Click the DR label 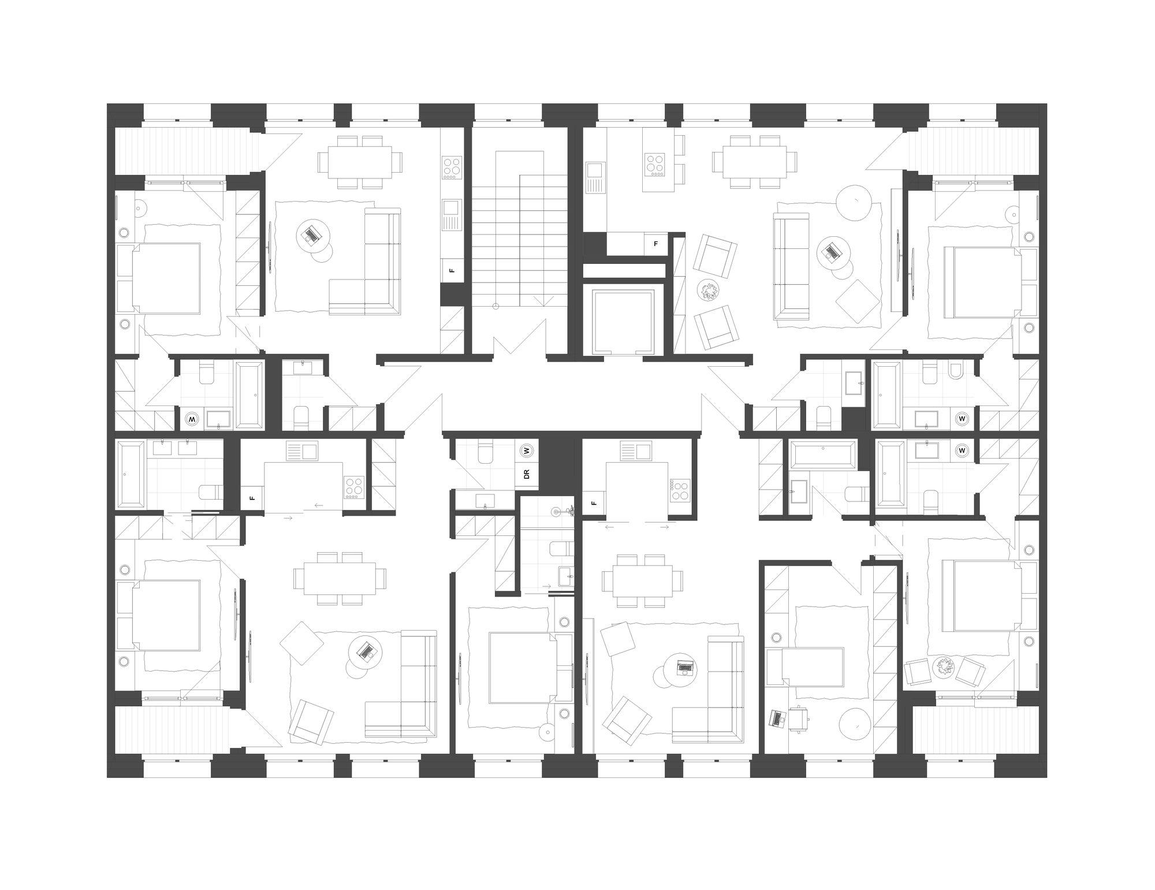pyautogui.click(x=526, y=475)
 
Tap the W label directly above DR pyautogui.click(x=526, y=450)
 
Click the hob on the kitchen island pyautogui.click(x=655, y=165)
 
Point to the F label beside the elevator pyautogui.click(x=655, y=244)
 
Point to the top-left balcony pyautogui.click(x=185, y=151)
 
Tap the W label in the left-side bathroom pyautogui.click(x=192, y=419)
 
